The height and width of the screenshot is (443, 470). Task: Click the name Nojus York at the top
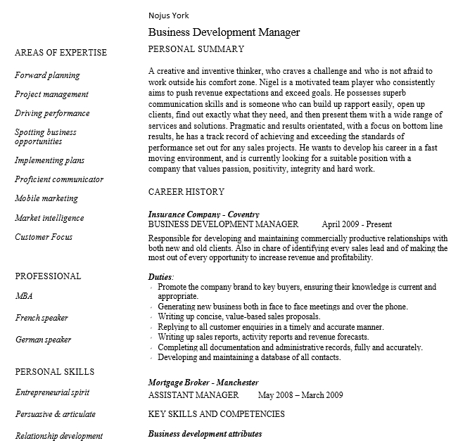169,15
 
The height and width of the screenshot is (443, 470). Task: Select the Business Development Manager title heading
224,32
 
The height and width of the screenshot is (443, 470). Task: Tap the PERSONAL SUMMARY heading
196,49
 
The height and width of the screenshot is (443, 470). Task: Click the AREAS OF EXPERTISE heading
61,53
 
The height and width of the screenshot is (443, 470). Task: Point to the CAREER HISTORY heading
186,192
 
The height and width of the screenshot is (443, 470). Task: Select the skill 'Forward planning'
47,75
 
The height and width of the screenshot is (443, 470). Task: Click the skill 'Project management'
51,94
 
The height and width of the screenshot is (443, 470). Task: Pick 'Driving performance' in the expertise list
52,113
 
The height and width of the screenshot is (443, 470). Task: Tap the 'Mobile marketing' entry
46,198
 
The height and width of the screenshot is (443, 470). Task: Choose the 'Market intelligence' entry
49,218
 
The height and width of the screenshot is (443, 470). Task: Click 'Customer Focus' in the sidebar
44,237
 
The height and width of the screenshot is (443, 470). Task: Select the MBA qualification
24,296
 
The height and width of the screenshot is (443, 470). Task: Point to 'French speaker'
42,318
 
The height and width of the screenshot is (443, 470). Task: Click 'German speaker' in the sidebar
43,340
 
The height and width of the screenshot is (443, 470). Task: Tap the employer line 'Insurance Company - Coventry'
204,214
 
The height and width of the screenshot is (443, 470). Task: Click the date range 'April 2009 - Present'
357,224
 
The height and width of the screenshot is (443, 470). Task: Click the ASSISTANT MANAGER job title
193,395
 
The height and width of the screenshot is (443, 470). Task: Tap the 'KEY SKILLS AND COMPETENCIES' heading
216,414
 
